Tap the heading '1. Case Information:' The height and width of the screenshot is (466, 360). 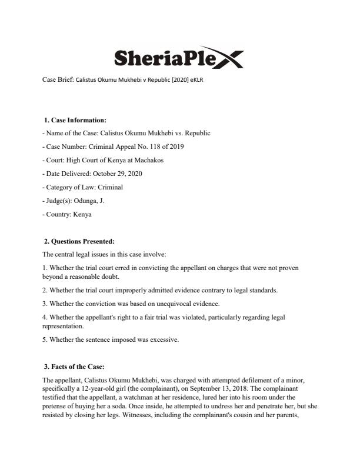(x=75, y=120)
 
